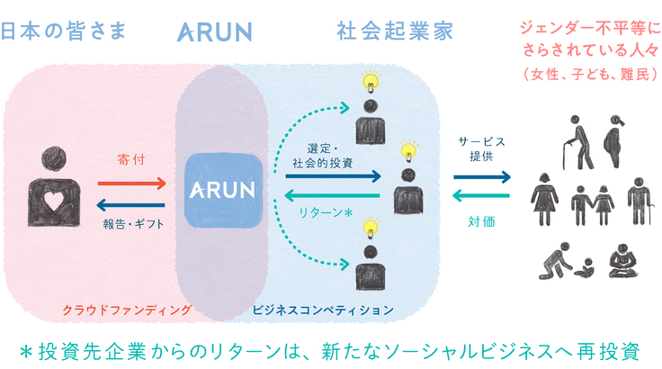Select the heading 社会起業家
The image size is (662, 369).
point(395,31)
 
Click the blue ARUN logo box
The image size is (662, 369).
point(222,190)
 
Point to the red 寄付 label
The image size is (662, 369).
point(131,160)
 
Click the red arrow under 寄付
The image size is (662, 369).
point(131,183)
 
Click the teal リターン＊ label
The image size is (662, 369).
point(325,215)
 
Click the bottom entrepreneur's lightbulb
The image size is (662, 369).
point(366,229)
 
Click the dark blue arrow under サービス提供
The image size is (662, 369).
point(481,177)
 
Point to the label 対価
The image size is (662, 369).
point(481,219)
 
